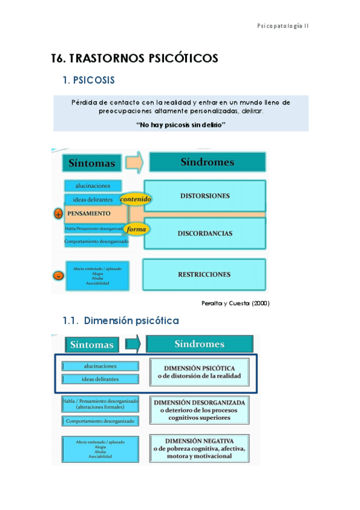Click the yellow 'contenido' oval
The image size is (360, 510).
click(x=136, y=199)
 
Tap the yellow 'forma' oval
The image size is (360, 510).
click(x=136, y=229)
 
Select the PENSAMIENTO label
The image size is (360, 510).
click(x=89, y=214)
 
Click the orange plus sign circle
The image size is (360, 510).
click(x=58, y=214)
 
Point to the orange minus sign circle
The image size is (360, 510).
click(x=58, y=275)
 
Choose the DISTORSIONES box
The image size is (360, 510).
click(x=205, y=196)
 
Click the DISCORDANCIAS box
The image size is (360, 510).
click(x=205, y=233)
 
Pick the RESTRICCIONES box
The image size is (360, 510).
click(x=204, y=274)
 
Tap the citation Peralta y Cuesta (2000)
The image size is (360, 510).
click(x=235, y=303)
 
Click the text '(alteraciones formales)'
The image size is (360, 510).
click(x=100, y=407)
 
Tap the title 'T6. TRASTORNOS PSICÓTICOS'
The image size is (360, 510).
click(x=135, y=58)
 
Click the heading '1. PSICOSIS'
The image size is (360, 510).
click(x=89, y=80)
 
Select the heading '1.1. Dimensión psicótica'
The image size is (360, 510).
click(x=120, y=321)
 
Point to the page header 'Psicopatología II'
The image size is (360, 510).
click(x=282, y=26)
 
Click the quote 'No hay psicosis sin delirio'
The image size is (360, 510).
click(x=181, y=124)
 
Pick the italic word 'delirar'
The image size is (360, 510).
click(x=252, y=111)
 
